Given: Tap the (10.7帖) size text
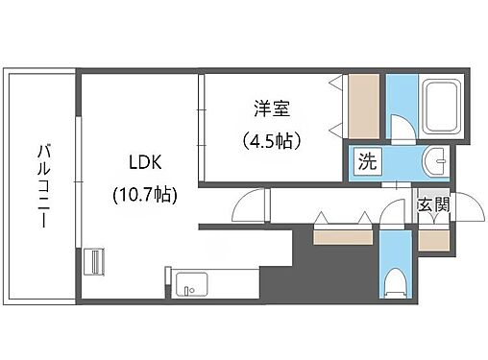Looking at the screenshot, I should click(x=142, y=193).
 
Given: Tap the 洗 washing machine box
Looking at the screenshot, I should click(x=366, y=162).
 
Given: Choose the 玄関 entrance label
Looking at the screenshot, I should click(x=430, y=204).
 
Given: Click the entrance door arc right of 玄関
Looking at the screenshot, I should click(x=445, y=213).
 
